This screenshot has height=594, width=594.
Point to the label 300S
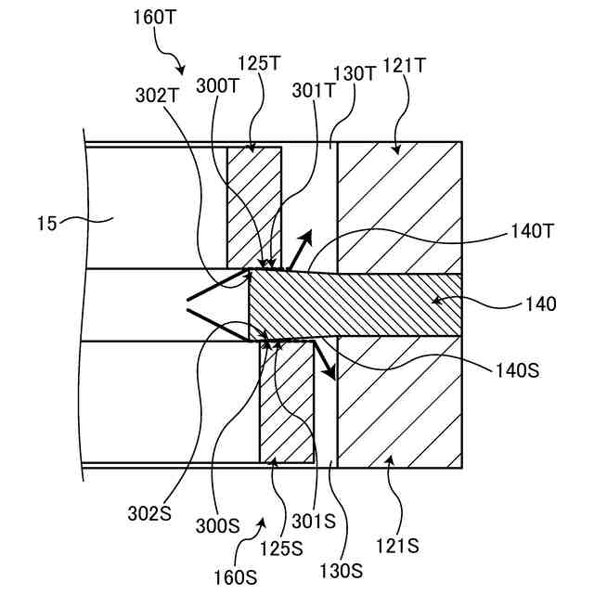[x=217, y=524]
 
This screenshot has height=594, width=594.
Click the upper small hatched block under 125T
[x=254, y=204]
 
